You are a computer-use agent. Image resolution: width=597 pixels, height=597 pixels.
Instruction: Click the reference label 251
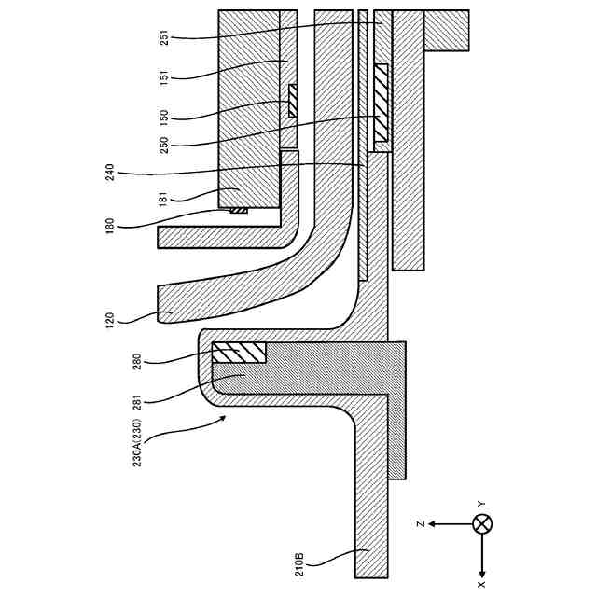164,38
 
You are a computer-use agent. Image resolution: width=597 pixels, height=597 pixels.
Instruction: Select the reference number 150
164,117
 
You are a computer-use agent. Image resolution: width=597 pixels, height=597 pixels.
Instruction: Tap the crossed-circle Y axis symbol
481,523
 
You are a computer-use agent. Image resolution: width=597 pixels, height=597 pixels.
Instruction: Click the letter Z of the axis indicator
422,523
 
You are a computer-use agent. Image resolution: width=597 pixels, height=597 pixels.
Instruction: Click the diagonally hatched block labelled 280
239,353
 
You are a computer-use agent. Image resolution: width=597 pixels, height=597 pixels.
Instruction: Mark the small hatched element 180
240,210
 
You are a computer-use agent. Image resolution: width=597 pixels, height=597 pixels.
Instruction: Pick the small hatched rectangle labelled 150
292,101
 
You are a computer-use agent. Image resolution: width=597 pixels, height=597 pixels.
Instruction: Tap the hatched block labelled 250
381,107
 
